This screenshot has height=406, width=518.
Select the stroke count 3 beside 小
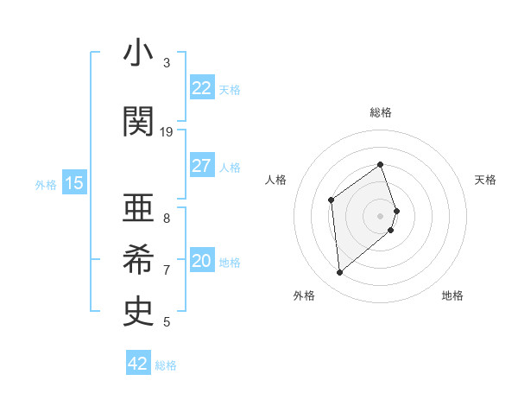167,63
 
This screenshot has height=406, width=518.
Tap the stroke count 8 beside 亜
167,219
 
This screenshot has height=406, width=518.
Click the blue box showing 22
201,88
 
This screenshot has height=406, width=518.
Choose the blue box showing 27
201,166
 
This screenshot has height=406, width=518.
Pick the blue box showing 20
201,261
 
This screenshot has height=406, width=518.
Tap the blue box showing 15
74,182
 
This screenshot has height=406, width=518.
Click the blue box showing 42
138,364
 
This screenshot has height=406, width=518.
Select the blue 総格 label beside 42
166,365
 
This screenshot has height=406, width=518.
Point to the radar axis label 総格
380,112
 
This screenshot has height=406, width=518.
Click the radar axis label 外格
304,296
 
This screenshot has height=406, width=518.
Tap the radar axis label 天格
485,180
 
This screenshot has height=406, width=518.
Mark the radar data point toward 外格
340,273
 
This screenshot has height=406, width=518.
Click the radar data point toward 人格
331,200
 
